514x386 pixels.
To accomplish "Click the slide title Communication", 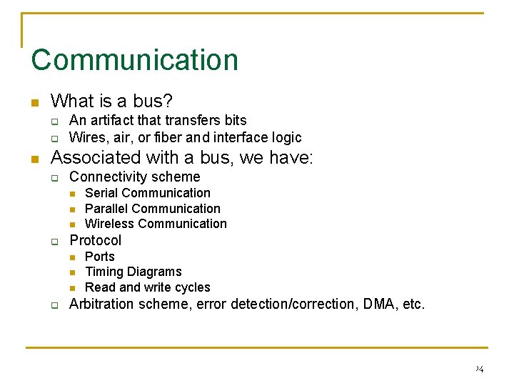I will [134, 59].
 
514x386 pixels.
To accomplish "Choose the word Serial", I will [100, 193].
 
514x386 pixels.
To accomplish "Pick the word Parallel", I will [106, 209].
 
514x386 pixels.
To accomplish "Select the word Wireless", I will [109, 224].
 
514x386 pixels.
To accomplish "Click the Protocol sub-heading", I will [95, 240].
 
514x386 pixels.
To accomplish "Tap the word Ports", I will [99, 256].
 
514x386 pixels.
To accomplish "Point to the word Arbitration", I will [101, 304].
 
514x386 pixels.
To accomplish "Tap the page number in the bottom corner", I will [478, 369].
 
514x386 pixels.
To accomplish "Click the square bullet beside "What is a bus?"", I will [34, 102].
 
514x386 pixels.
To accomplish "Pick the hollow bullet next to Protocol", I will [54, 242].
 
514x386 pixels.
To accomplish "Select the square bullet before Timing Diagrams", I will [73, 272].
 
